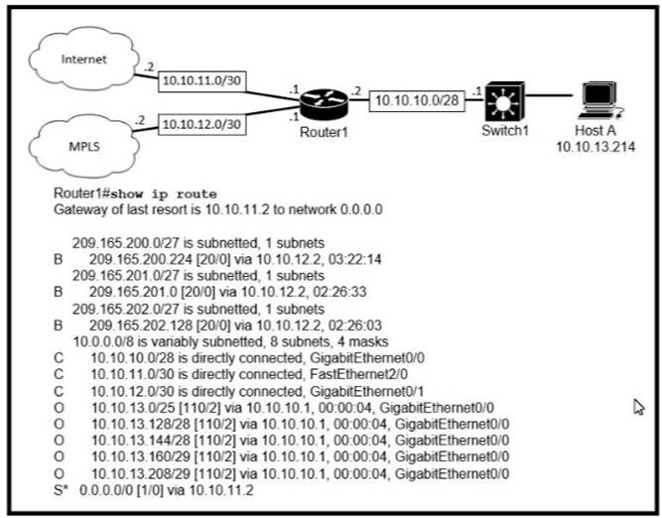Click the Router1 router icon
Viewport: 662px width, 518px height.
click(x=324, y=100)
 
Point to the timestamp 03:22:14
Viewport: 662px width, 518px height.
click(x=341, y=256)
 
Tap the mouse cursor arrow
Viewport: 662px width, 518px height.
click(x=638, y=406)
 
